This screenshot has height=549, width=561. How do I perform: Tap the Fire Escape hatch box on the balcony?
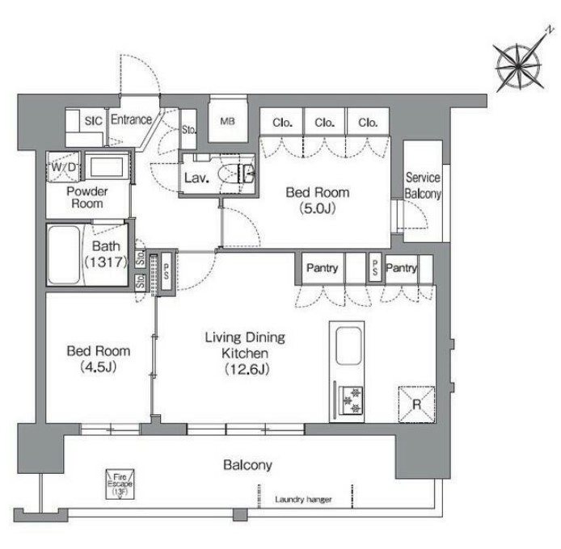coord(120,484)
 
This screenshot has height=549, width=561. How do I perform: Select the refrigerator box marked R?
coord(417,404)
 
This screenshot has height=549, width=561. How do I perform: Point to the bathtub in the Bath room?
coord(65,254)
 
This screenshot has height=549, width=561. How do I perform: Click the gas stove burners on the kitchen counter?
coord(351,400)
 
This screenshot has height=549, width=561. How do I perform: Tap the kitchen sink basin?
coord(348,346)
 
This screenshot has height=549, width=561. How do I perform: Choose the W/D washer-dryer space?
coord(64,166)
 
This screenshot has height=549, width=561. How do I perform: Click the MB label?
coord(227,122)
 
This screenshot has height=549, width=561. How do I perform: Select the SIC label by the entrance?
coord(94,121)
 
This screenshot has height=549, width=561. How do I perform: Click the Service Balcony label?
coord(423,186)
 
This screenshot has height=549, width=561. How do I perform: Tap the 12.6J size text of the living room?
coord(247,369)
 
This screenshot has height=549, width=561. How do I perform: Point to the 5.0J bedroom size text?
coord(318,208)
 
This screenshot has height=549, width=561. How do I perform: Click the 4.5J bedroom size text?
coord(99,367)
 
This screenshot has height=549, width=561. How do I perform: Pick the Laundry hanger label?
coord(303,499)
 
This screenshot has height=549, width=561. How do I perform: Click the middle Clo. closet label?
coord(325,123)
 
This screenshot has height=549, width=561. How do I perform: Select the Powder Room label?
coord(87,197)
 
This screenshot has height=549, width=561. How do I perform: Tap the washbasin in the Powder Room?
coord(107,166)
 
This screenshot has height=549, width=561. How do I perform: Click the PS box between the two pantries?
coord(374,268)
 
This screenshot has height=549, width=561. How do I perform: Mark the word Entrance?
coord(131,119)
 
